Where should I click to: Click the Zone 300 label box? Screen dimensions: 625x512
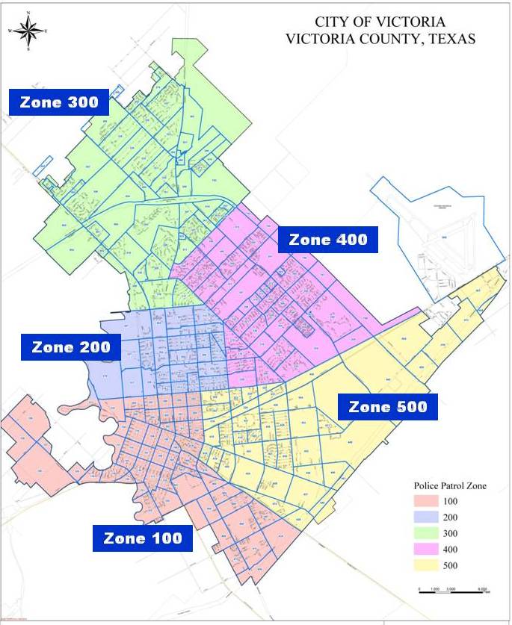[59, 103]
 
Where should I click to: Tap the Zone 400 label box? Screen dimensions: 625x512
[328, 240]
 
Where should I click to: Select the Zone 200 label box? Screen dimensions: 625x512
[71, 347]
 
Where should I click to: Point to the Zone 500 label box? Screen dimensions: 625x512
[387, 406]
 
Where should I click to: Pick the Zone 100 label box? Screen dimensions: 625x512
[142, 538]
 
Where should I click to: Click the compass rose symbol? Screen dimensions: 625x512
[28, 31]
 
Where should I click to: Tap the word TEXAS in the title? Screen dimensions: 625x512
[450, 39]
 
